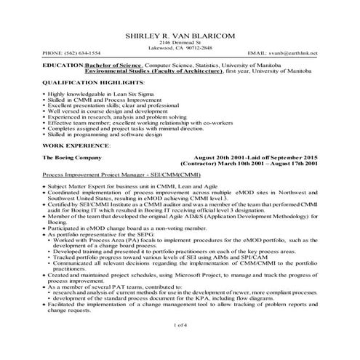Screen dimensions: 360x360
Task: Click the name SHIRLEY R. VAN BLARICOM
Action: point(179,35)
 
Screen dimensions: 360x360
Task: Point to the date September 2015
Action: point(292,157)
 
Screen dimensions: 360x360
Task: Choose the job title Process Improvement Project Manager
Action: point(99,175)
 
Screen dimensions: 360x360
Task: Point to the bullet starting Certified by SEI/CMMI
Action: point(44,205)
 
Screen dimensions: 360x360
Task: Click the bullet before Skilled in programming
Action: point(44,136)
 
